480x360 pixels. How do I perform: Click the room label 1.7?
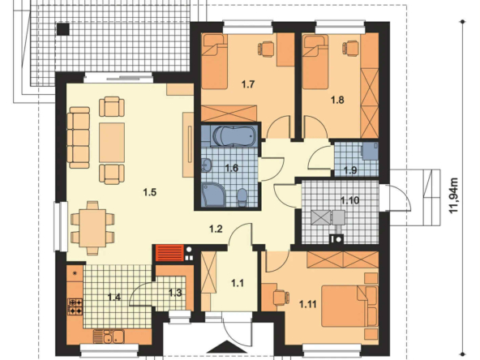248,84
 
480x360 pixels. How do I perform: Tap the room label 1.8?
337,100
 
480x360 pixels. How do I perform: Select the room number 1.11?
308,304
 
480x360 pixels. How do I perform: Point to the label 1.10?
350,200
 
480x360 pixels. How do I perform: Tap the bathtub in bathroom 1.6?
234,135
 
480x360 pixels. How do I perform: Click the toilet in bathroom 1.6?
242,196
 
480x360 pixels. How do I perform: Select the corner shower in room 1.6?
213,194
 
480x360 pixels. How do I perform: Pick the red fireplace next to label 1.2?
170,253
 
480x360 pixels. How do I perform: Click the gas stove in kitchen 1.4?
75,306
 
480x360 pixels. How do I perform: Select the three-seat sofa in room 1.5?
79,138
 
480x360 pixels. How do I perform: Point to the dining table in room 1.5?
93,228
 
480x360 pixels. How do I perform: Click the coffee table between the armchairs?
112,143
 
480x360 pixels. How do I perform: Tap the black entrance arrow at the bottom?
225,347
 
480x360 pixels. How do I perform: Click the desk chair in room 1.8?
350,48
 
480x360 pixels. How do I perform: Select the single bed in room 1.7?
214,62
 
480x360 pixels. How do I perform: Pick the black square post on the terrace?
63,29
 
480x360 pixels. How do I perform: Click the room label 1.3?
175,293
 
